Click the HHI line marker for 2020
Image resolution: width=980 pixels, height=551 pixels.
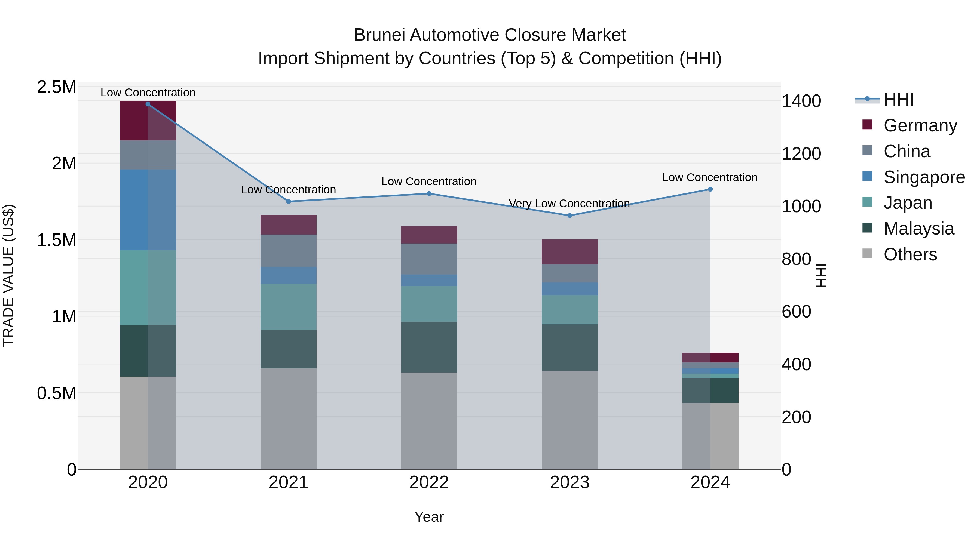(x=148, y=104)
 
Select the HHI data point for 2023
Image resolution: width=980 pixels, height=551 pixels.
(x=569, y=215)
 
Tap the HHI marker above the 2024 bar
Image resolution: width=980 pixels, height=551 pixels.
(x=710, y=189)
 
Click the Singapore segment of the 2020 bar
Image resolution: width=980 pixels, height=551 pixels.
(x=148, y=210)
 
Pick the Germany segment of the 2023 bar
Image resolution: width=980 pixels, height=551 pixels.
(x=569, y=252)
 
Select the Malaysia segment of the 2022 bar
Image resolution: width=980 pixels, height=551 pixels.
(x=429, y=347)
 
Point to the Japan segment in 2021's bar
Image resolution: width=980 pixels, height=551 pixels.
(x=288, y=306)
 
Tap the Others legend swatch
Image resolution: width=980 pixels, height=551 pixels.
(x=867, y=254)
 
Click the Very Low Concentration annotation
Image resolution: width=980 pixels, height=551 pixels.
(x=569, y=204)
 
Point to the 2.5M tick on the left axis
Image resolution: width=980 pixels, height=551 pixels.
(x=57, y=87)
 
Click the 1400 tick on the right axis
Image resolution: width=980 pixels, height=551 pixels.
(x=801, y=101)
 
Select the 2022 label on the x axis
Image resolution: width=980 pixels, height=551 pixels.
(x=429, y=482)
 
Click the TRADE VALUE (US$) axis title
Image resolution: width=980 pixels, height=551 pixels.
(x=8, y=275)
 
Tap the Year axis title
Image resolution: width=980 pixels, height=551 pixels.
(x=429, y=517)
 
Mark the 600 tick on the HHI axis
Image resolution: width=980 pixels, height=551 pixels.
(x=796, y=312)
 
